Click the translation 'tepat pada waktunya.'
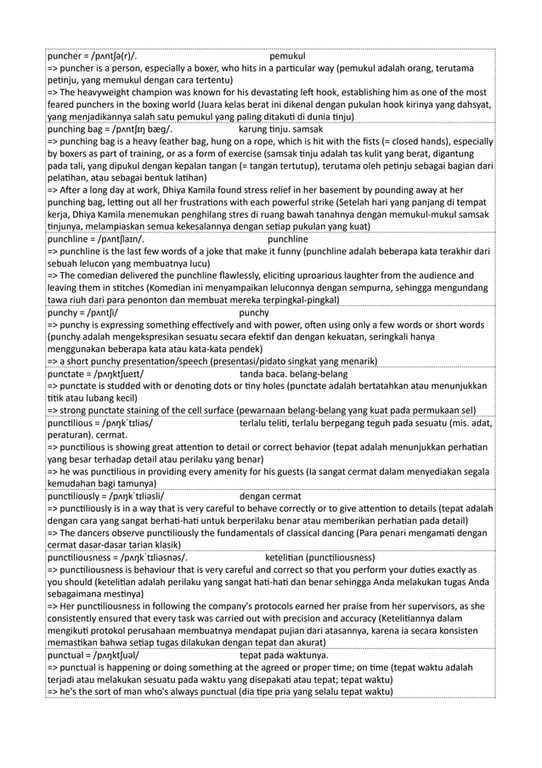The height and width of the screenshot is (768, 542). [x=284, y=657]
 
